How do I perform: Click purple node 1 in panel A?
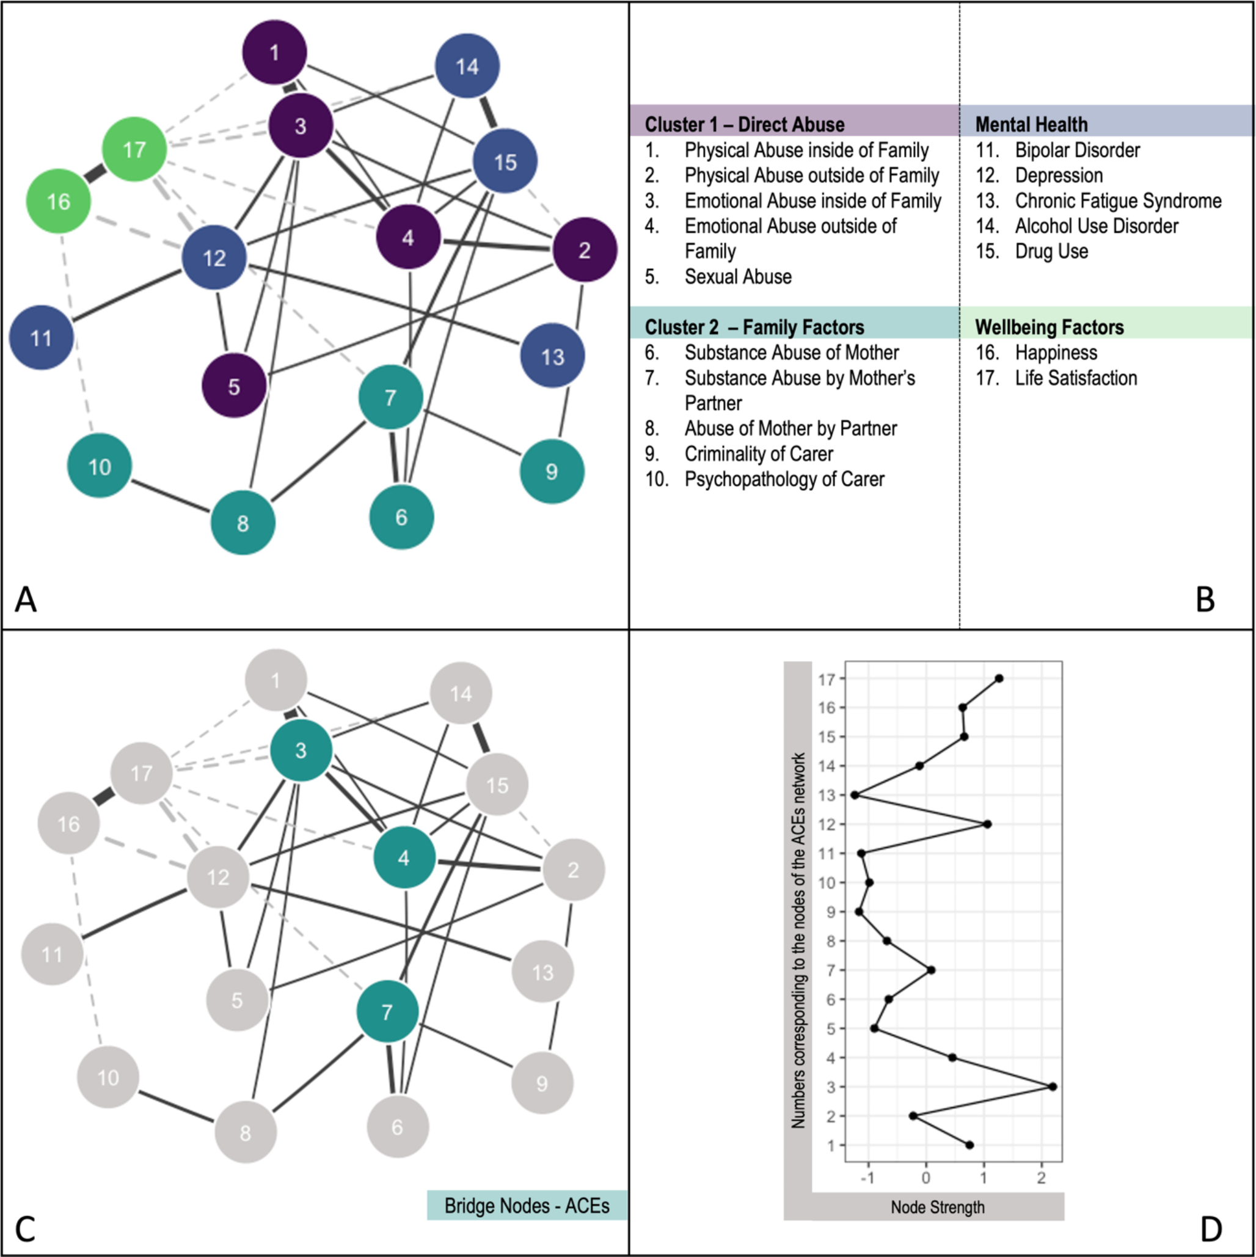click(x=274, y=52)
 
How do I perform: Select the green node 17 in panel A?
click(x=134, y=150)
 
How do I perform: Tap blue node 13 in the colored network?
click(x=552, y=356)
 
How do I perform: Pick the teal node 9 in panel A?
click(x=552, y=472)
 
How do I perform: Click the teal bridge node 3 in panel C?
click(x=301, y=750)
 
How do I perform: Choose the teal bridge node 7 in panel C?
click(x=387, y=1012)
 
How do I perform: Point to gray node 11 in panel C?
click(x=52, y=955)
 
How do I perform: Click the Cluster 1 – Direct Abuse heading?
click(x=744, y=124)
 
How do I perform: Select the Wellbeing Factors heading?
click(x=1049, y=326)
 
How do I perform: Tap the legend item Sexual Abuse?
click(x=737, y=276)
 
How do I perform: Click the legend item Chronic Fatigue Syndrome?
click(x=1117, y=200)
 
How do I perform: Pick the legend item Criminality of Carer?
click(x=758, y=453)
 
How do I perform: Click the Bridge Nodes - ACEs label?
click(x=527, y=1206)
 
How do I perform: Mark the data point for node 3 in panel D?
click(x=1053, y=1087)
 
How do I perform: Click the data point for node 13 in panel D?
click(x=855, y=795)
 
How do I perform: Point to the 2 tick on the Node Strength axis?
click(x=1042, y=1178)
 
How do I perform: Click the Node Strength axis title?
click(x=937, y=1207)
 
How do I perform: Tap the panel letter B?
click(x=1205, y=599)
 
